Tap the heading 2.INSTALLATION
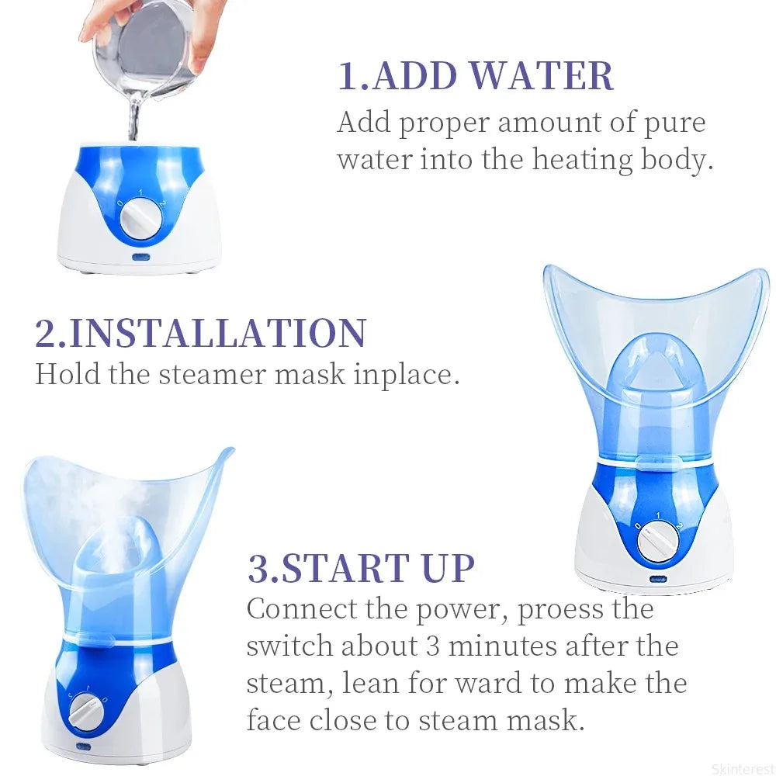(x=200, y=332)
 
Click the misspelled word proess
(x=559, y=609)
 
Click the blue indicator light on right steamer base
(x=658, y=578)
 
